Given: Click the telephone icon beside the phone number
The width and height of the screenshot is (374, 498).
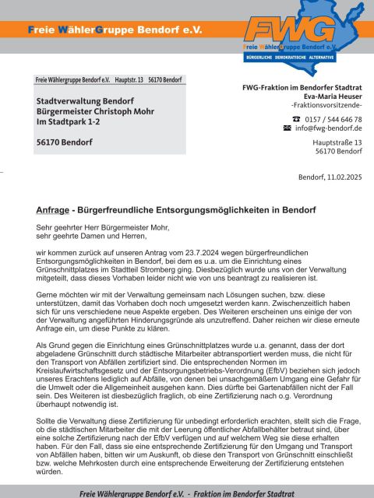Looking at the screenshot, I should pyautogui.click(x=285, y=119).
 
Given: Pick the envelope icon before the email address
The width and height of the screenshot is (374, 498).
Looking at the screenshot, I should pyautogui.click(x=287, y=128).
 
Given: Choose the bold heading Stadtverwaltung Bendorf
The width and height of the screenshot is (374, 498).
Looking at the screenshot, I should pyautogui.click(x=84, y=100).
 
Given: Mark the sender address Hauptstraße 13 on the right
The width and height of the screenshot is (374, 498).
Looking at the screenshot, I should pyautogui.click(x=337, y=142).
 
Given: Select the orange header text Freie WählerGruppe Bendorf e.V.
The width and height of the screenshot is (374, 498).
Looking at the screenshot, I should pyautogui.click(x=115, y=30).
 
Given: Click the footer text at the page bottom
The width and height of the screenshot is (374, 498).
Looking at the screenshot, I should pyautogui.click(x=187, y=492).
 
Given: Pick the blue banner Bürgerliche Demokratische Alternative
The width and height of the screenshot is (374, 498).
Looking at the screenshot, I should pyautogui.click(x=301, y=58).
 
